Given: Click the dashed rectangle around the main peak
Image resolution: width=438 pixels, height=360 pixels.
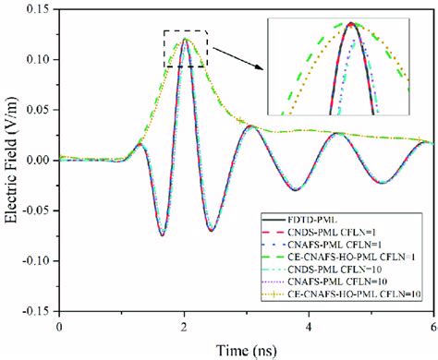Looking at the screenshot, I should pyautogui.click(x=186, y=31).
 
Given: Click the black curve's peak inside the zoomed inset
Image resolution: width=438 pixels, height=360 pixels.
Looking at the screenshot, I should pyautogui.click(x=351, y=24).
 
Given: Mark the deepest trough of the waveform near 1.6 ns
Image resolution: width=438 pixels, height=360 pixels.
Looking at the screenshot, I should pyautogui.click(x=162, y=235).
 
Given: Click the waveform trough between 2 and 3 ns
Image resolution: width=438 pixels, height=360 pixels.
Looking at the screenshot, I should pyautogui.click(x=212, y=230).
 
